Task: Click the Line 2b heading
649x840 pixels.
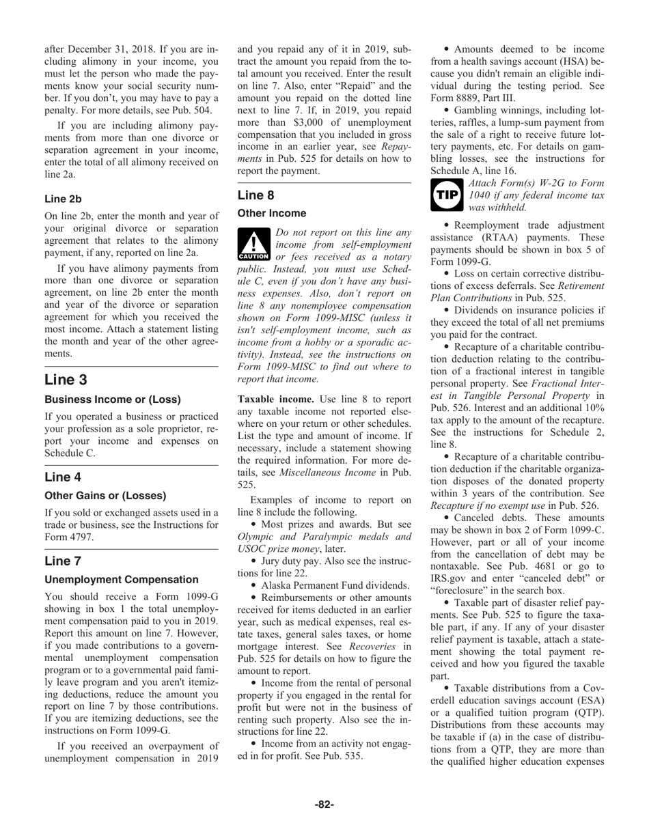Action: [x=63, y=199]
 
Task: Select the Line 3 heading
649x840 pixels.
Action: [x=66, y=380]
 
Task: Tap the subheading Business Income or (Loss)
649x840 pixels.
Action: [x=112, y=399]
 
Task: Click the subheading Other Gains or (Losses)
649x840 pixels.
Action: [x=105, y=495]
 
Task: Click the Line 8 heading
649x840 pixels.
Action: [x=256, y=195]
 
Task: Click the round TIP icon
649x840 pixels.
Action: [x=447, y=195]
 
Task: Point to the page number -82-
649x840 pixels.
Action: [x=324, y=804]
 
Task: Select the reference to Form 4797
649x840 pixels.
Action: [x=68, y=536]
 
